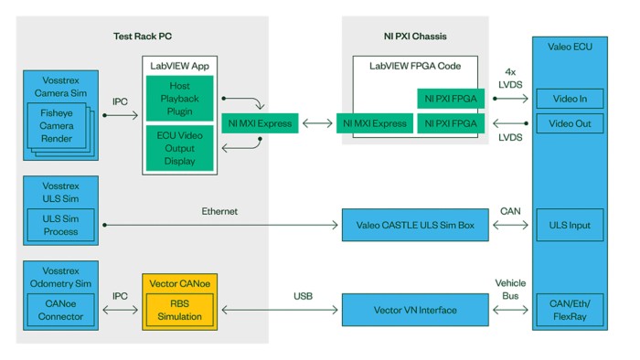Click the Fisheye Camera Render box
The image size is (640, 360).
point(58,126)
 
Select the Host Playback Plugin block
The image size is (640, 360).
point(179,99)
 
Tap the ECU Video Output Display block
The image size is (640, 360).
point(179,147)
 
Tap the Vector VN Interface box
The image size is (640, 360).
point(415,310)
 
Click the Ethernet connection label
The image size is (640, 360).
point(219,211)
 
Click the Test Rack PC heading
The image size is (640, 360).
point(143,36)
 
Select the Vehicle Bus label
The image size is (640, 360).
point(510,290)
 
